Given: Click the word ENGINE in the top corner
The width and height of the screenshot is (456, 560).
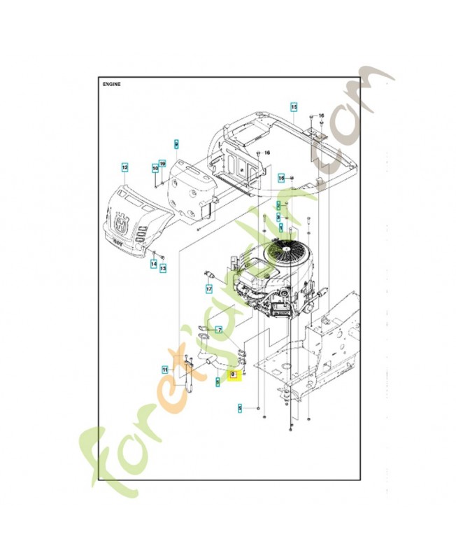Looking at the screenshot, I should pyautogui.click(x=112, y=83).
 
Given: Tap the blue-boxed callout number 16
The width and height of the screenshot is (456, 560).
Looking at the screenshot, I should pyautogui.click(x=281, y=178).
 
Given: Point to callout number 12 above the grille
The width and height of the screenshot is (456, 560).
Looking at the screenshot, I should pyautogui.click(x=124, y=167).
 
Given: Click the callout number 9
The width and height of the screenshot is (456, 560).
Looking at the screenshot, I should pyautogui.click(x=177, y=143).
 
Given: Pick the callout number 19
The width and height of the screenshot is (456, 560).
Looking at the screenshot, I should pyautogui.click(x=162, y=164).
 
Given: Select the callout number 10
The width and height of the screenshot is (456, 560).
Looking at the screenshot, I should pyautogui.click(x=155, y=169).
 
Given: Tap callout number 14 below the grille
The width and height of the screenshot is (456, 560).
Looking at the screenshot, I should pyautogui.click(x=153, y=265).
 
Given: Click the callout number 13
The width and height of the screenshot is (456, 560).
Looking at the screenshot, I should pyautogui.click(x=163, y=268).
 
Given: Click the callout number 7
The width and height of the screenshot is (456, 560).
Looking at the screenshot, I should pyautogui.click(x=219, y=329).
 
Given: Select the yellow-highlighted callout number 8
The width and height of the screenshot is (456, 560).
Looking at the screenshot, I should pyautogui.click(x=234, y=375).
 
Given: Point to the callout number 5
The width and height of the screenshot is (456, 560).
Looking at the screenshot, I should pyautogui.click(x=239, y=407).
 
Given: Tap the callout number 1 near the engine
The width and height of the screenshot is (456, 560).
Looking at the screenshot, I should pyautogui.click(x=281, y=228).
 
